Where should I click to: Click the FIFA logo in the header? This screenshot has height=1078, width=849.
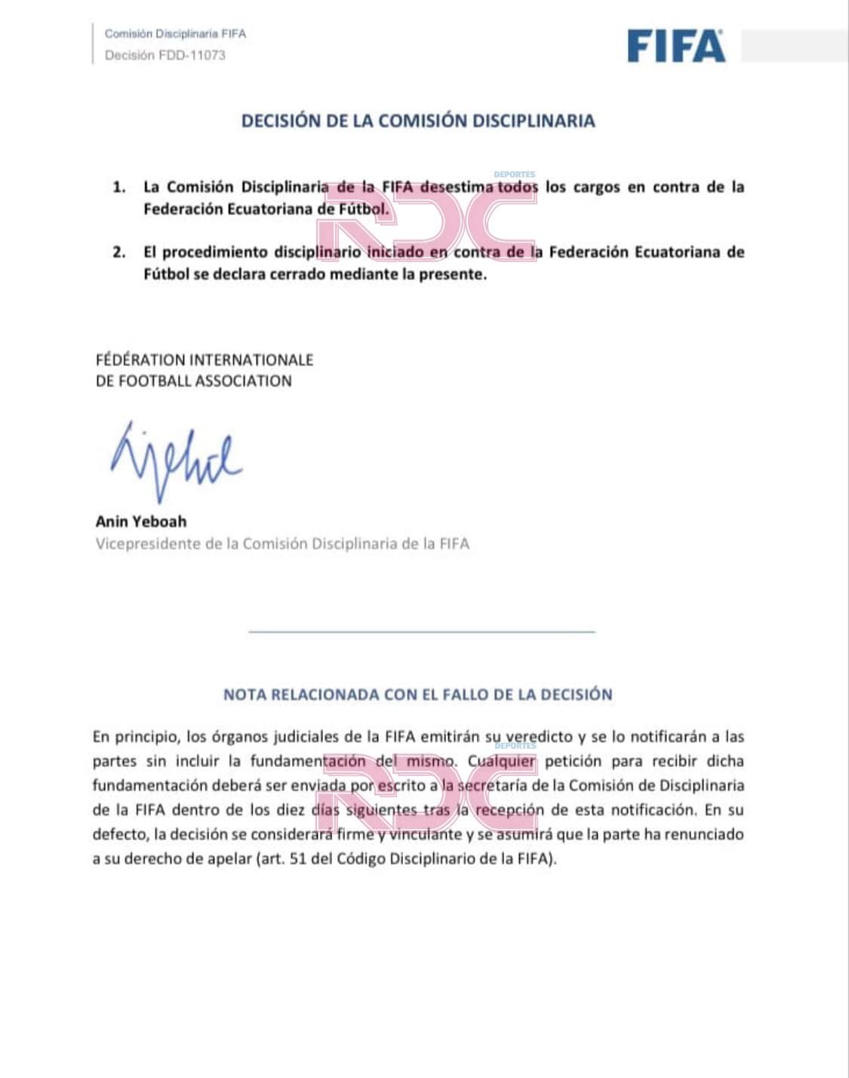pyautogui.click(x=675, y=46)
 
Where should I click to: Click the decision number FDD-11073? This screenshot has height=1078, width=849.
pyautogui.click(x=192, y=55)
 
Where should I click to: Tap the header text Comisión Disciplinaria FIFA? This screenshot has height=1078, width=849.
pyautogui.click(x=175, y=34)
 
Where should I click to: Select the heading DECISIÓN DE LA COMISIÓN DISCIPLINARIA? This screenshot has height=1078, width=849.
pyautogui.click(x=418, y=121)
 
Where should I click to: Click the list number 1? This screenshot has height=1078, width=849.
pyautogui.click(x=119, y=187)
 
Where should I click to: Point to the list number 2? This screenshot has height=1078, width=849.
pyautogui.click(x=119, y=252)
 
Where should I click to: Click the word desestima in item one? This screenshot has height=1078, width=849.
pyautogui.click(x=457, y=186)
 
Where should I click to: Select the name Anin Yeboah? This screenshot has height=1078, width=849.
pyautogui.click(x=141, y=522)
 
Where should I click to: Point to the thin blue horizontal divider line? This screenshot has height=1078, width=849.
pyautogui.click(x=421, y=631)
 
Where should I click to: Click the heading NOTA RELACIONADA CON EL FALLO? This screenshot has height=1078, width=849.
pyautogui.click(x=417, y=695)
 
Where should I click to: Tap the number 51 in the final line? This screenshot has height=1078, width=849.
pyautogui.click(x=298, y=859)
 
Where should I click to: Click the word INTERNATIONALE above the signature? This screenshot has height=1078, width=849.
pyautogui.click(x=251, y=360)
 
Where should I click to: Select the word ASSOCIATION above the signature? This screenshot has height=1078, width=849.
pyautogui.click(x=243, y=381)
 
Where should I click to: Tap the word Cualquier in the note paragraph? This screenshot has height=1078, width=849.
pyautogui.click(x=502, y=761)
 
